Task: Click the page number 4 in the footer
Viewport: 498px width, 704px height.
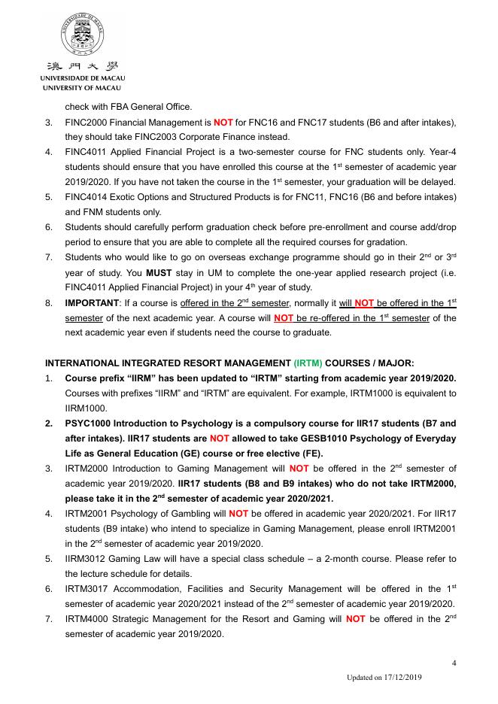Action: point(454,663)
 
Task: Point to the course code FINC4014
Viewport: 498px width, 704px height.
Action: point(89,197)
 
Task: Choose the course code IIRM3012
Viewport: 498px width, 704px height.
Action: point(89,559)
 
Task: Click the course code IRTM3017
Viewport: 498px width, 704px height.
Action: point(90,589)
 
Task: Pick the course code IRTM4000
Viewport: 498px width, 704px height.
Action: point(90,619)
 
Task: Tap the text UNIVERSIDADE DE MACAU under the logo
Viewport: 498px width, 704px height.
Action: point(83,78)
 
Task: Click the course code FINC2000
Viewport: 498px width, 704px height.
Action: point(89,122)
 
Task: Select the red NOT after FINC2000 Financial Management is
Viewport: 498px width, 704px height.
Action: point(223,122)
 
